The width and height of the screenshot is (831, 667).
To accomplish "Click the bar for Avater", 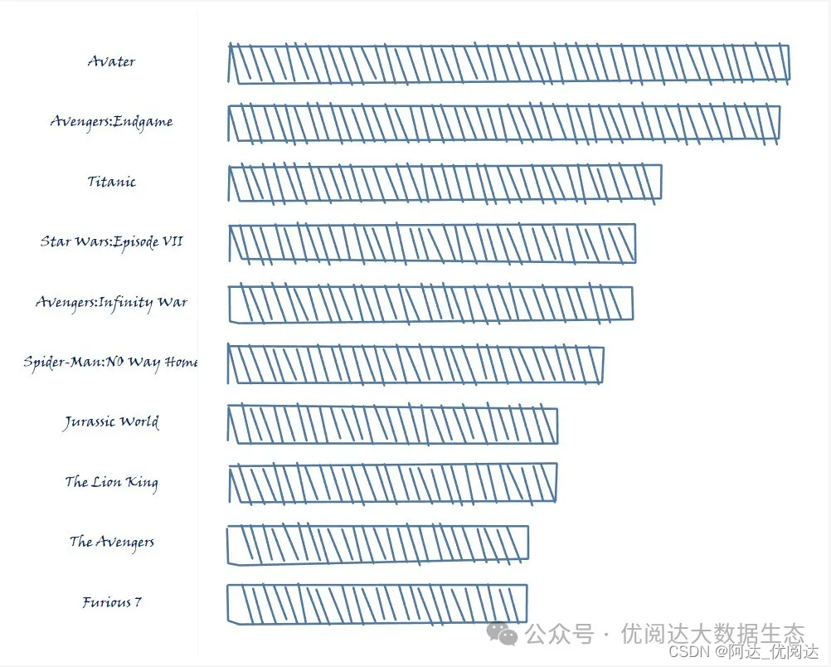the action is coord(508,64).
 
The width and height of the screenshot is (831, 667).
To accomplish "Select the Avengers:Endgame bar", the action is coord(504,123).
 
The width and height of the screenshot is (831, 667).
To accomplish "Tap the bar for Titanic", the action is coord(445,183).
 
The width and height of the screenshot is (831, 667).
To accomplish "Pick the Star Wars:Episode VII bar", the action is coord(432,243).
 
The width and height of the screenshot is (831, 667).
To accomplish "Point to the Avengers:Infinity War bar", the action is coord(430,304).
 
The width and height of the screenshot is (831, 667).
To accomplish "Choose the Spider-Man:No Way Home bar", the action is coord(416,364).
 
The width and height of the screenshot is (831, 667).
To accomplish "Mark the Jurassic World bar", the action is coord(393,425).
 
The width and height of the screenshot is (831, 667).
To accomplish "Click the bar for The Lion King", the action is coord(392,483).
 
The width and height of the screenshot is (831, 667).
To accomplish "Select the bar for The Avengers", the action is coord(378,544).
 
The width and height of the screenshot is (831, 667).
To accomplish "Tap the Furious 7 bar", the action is coord(377,603).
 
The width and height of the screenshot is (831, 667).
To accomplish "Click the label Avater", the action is coord(111,61).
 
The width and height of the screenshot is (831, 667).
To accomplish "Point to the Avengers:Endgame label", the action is coord(111,122).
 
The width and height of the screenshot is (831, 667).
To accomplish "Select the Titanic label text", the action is coord(111,182).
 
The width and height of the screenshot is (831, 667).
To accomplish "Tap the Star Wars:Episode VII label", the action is coord(111,242).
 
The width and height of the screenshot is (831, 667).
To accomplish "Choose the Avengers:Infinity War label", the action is coord(111,302).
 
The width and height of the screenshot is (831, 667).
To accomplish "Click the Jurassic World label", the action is coord(111,422).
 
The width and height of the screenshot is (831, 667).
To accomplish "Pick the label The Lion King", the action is coord(111,482).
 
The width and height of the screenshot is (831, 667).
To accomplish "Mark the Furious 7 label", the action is coord(111,602).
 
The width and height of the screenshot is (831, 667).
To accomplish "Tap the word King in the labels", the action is coord(142,483).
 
